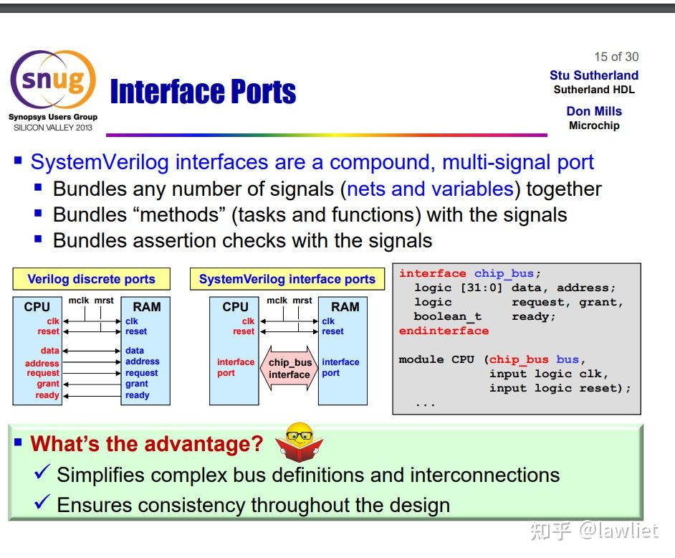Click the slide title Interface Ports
pos(203,91)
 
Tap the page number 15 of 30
pos(616,57)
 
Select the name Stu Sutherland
pos(593,75)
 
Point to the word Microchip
pos(594,126)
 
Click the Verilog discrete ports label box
pos(91,279)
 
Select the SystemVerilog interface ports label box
pos(287,279)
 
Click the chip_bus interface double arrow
pos(289,369)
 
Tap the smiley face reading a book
pos(300,442)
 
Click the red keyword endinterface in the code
pos(444,331)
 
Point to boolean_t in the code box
pos(448,317)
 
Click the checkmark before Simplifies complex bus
pos(42,472)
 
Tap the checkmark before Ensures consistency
pos(42,502)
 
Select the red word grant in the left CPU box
pos(48,384)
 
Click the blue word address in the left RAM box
pos(143,361)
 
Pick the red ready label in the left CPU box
pos(47,395)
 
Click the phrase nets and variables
pos(430,189)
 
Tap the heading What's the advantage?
pos(147,443)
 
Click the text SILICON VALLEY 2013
pos(53,128)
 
